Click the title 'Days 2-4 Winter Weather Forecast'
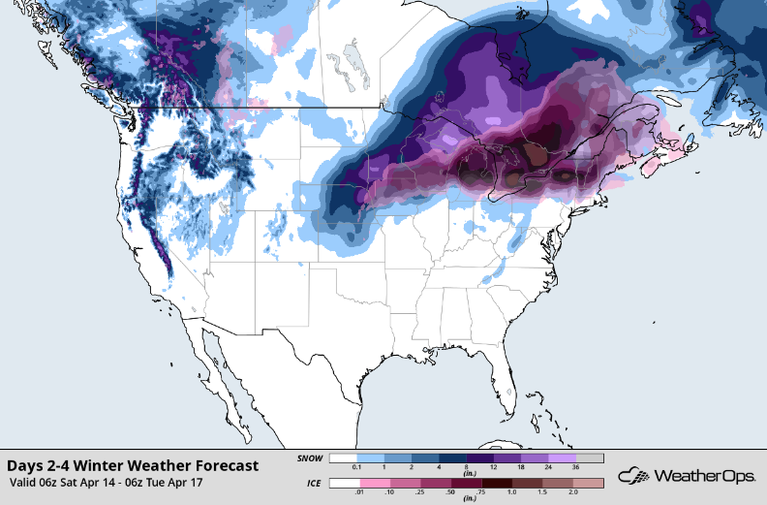click(x=133, y=465)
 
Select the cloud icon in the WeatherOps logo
click(x=635, y=476)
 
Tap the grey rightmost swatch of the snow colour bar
click(x=591, y=458)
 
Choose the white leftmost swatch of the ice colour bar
click(x=343, y=482)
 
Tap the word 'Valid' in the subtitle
click(x=26, y=482)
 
